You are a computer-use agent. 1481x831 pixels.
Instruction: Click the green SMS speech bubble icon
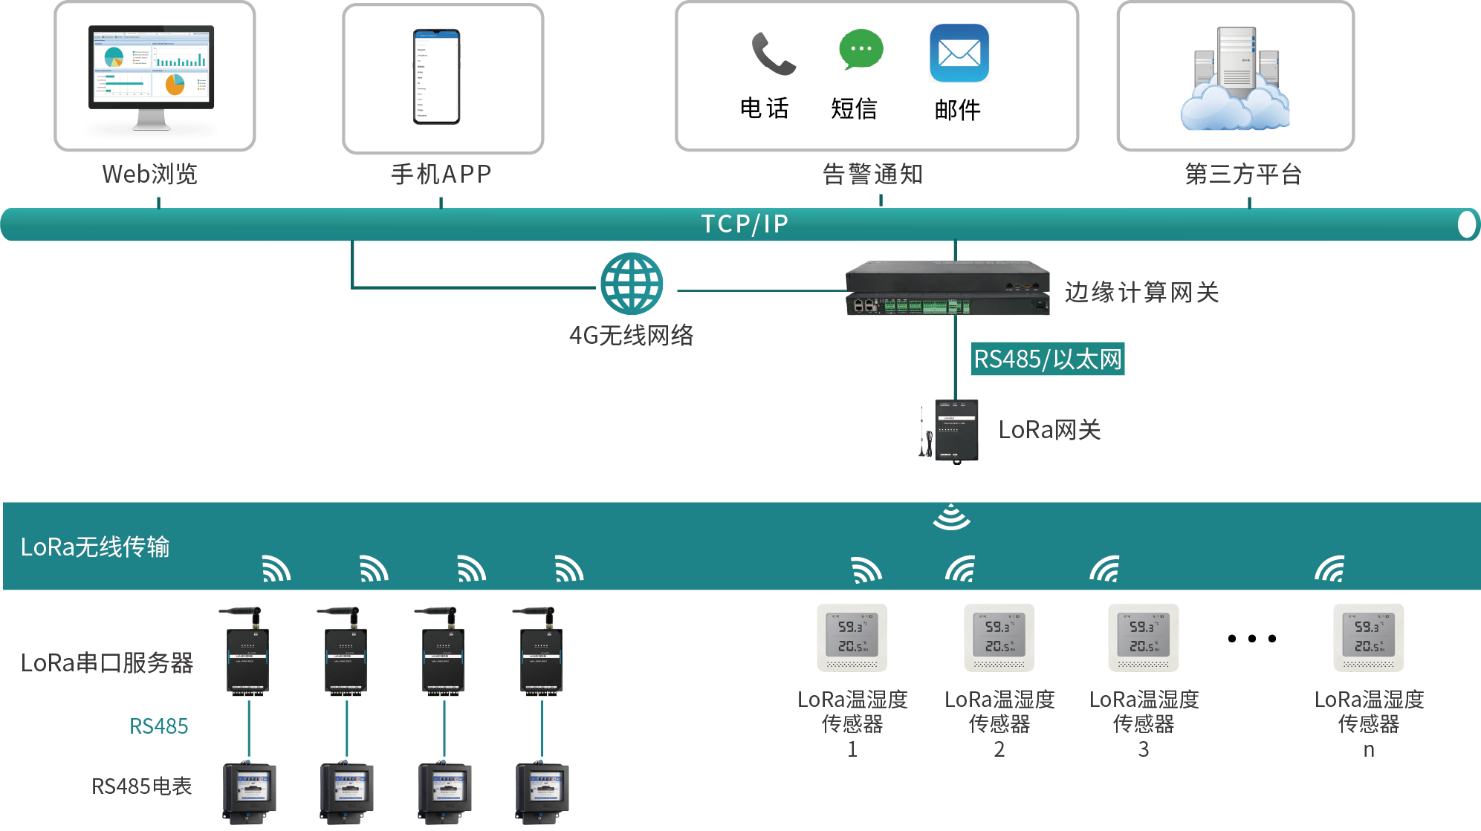[861, 50]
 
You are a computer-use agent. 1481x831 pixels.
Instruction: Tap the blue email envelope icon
[959, 53]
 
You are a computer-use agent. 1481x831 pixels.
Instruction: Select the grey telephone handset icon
[773, 53]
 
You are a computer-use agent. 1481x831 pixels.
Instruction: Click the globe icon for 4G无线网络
[632, 284]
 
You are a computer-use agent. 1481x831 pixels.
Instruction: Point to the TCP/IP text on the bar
[745, 224]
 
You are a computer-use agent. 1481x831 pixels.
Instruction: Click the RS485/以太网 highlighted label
[1048, 359]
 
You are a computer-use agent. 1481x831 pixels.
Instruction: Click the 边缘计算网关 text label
[1141, 293]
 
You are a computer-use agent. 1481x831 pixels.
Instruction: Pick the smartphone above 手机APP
[437, 76]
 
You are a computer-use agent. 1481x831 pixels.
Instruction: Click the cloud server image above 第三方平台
[1235, 79]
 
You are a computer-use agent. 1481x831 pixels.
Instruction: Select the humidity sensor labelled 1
[852, 638]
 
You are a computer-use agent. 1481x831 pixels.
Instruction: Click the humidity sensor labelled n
[1368, 638]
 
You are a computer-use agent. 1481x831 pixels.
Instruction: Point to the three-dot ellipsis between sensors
[1252, 639]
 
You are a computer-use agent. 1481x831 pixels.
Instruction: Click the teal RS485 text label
[158, 726]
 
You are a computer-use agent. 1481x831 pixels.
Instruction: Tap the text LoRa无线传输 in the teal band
[95, 547]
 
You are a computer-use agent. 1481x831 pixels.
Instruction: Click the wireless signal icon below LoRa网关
[951, 518]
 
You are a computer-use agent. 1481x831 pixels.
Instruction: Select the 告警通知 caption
[872, 175]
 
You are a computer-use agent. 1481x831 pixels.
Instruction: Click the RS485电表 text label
[141, 786]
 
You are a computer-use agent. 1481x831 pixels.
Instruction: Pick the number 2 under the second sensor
[999, 750]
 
